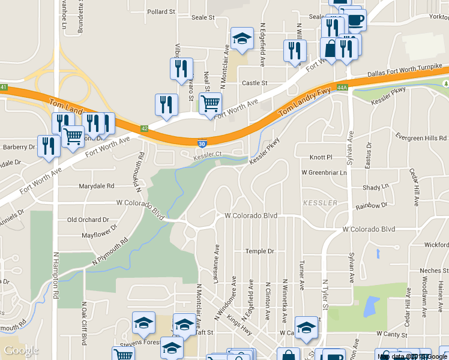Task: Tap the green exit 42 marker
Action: coord(144,128)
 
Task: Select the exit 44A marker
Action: coord(342,88)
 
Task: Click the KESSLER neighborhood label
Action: coord(321,203)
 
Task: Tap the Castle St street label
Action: coord(254,83)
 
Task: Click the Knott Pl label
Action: coord(321,157)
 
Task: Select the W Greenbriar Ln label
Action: coord(324,173)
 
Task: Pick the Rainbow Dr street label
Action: coord(372,206)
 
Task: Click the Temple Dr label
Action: coord(260,251)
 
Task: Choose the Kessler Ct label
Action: coord(208,155)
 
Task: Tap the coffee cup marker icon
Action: coord(355,20)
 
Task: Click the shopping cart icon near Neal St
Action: coord(210,103)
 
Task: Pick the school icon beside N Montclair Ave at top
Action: coord(241,39)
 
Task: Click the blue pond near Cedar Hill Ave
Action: coord(371,307)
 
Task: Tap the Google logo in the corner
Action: coord(20,350)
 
